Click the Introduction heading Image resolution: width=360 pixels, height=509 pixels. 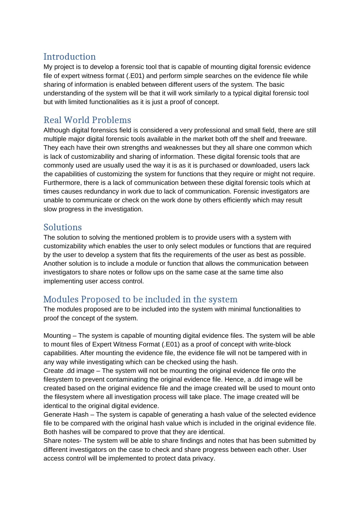pos(69,57)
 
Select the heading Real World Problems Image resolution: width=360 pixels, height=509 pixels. pos(87,120)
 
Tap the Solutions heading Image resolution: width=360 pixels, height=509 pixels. pos(62,227)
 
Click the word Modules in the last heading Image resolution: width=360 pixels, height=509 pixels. pos(61,300)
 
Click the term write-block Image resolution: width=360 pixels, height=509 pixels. pos(275,344)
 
